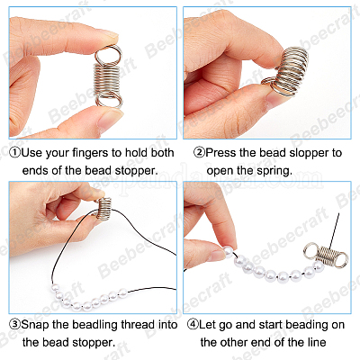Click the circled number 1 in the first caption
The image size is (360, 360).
(15, 153)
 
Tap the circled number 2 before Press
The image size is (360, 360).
(199, 153)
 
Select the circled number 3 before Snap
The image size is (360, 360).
(15, 324)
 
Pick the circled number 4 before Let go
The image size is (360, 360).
(193, 324)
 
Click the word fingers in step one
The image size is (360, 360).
(91, 153)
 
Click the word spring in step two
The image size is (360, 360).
(274, 171)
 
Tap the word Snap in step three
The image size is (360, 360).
(35, 325)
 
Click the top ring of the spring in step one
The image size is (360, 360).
(108, 55)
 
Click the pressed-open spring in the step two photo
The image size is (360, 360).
(285, 72)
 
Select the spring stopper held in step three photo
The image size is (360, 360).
(103, 207)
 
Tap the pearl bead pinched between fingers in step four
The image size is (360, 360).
(228, 251)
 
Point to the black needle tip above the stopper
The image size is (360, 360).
(338, 214)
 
